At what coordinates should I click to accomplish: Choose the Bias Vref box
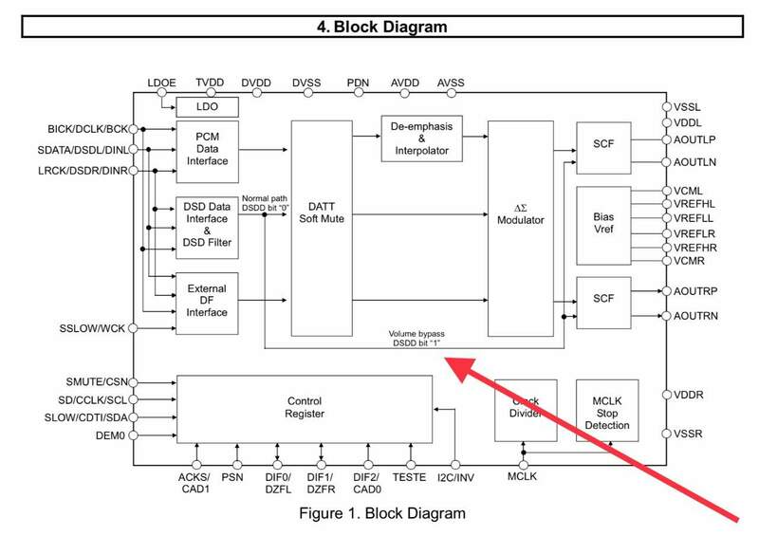pyautogui.click(x=603, y=225)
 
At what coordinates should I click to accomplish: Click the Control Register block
pyautogui.click(x=305, y=407)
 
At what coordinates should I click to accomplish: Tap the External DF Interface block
pyautogui.click(x=206, y=299)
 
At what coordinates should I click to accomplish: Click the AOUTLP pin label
pyautogui.click(x=696, y=139)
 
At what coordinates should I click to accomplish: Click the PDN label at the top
pyautogui.click(x=358, y=83)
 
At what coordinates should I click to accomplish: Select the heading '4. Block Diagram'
pyautogui.click(x=380, y=27)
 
